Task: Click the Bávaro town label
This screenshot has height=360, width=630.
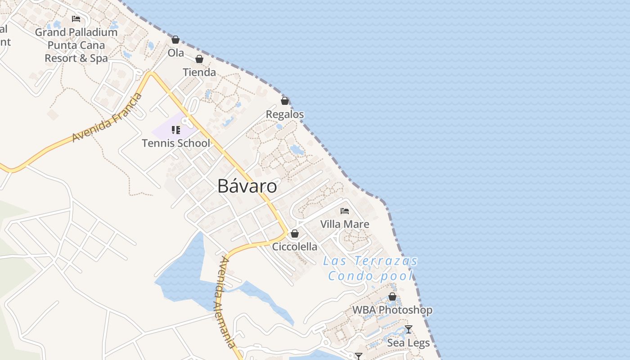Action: (247, 186)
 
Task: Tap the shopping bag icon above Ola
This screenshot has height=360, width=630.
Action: (175, 40)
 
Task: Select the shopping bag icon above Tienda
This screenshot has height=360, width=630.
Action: (199, 59)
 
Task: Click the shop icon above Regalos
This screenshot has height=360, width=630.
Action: (285, 101)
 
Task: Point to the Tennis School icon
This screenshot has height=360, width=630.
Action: (176, 130)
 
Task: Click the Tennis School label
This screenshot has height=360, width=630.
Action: (176, 143)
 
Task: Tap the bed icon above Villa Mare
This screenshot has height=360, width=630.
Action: (345, 211)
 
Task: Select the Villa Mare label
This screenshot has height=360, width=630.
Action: (345, 224)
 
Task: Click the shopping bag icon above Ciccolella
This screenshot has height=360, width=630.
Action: (295, 234)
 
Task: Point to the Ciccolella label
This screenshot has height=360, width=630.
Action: (295, 247)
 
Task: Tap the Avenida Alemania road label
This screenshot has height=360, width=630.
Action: (225, 302)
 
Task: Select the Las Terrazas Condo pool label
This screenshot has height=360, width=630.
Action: (370, 268)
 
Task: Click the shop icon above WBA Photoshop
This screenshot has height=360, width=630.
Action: (392, 297)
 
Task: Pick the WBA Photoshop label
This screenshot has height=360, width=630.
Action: (392, 310)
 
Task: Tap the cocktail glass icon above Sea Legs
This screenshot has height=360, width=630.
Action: (409, 329)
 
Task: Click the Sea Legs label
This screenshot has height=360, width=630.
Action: (409, 343)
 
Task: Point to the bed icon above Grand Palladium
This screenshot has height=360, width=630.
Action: (76, 19)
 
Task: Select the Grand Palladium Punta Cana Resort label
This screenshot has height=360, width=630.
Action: (76, 45)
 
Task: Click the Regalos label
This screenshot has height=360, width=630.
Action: (285, 114)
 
